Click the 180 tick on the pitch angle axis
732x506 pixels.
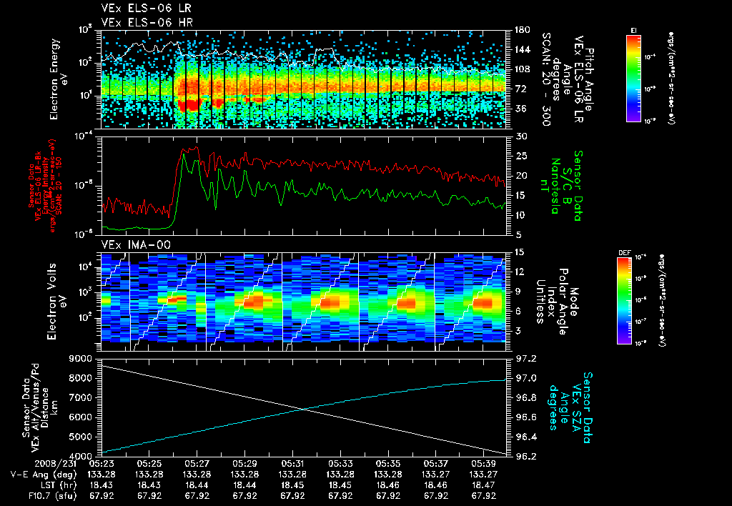coord(517,30)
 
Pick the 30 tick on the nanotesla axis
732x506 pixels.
coord(516,136)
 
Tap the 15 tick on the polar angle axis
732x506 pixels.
coord(516,252)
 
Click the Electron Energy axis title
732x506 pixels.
coord(58,79)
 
